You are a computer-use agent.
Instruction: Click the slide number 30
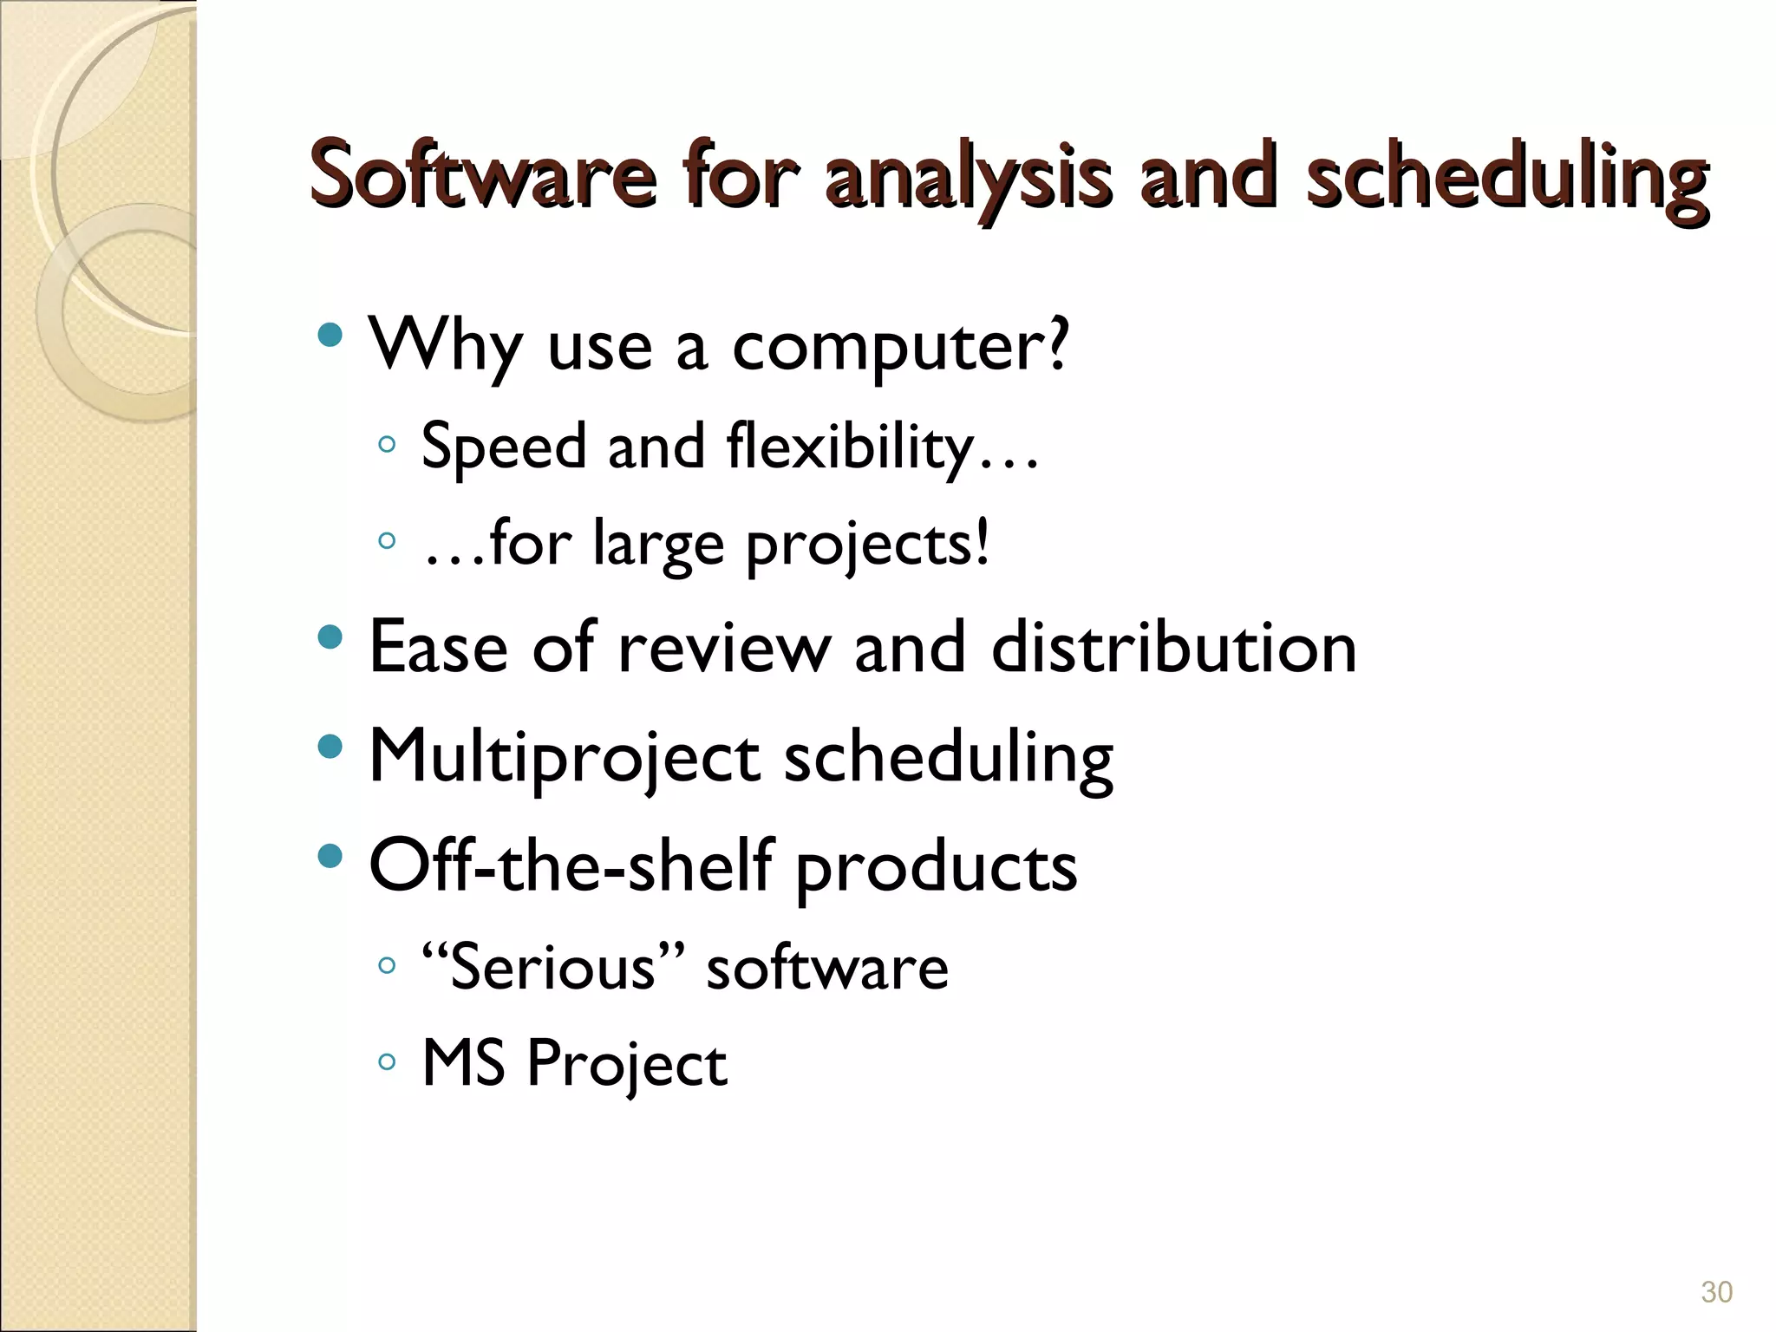point(1716,1291)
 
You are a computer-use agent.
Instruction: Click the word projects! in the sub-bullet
point(867,545)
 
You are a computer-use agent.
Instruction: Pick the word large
point(658,545)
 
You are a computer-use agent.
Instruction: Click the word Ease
point(438,647)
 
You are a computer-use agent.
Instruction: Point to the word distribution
point(1173,647)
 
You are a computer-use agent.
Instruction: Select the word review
point(723,647)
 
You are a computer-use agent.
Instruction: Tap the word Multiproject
point(565,756)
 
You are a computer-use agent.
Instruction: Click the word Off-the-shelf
point(570,865)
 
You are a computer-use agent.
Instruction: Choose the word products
point(936,866)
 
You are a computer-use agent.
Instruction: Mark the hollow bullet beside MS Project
point(387,1061)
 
